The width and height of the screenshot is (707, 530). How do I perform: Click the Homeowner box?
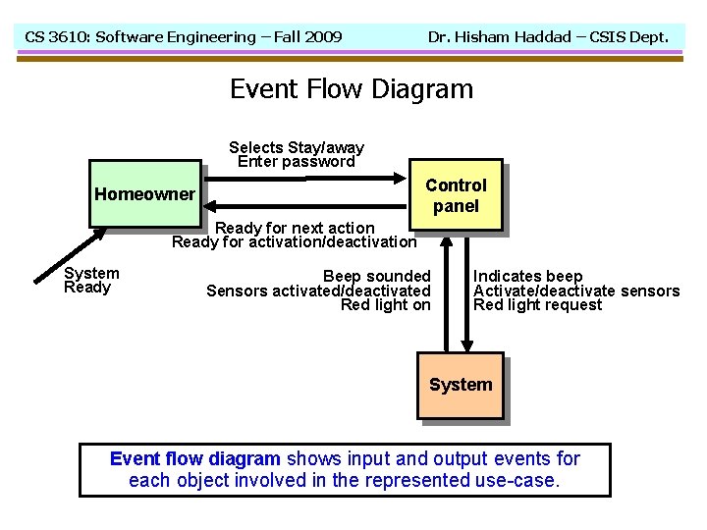[x=144, y=193]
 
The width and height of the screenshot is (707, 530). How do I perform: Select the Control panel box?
[x=456, y=194]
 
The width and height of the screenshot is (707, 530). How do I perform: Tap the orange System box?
[x=461, y=385]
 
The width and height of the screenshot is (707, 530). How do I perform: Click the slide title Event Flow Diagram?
[x=352, y=89]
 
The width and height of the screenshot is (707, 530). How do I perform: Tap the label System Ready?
[x=91, y=281]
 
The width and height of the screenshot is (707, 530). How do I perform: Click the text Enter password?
[x=296, y=162]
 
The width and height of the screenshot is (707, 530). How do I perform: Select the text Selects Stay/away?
[x=296, y=148]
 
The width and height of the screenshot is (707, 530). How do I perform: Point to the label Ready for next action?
[x=295, y=228]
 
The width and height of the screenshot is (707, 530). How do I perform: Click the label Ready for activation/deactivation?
[x=294, y=241]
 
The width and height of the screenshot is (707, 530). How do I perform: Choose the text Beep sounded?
[x=376, y=277]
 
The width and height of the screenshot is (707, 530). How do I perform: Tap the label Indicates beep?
[x=528, y=277]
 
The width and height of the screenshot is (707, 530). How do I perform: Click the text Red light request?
[x=538, y=304]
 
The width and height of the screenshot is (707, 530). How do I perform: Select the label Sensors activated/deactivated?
[x=318, y=291]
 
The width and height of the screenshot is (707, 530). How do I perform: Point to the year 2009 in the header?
[x=322, y=37]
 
